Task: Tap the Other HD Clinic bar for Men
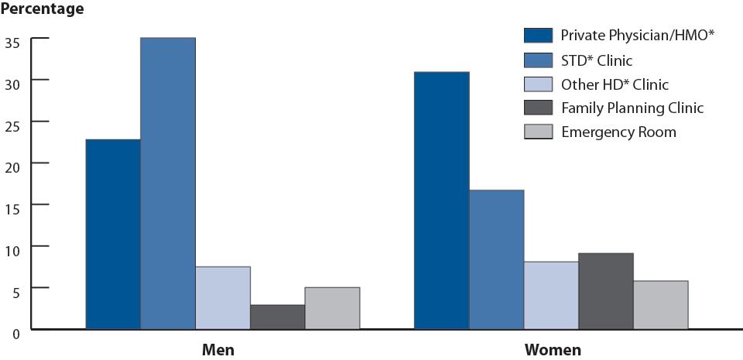coord(222,298)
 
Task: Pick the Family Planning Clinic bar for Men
coord(277,317)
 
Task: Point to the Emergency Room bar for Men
coord(332,308)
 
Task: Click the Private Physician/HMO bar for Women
coord(441,201)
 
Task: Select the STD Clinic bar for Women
coord(496,259)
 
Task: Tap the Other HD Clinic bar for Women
coord(551,296)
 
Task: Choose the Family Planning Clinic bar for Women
coord(606,291)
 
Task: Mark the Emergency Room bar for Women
coord(661,305)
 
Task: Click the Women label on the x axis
coord(553,350)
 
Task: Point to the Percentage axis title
coord(43,10)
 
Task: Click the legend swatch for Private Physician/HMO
coord(538,35)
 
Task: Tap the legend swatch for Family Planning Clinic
coord(538,108)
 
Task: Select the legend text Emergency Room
coord(618,132)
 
